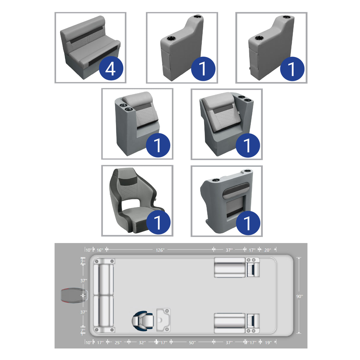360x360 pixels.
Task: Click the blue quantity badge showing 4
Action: [x=111, y=69]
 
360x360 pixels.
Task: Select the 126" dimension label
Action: [x=160, y=250]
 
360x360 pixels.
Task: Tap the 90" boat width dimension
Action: [x=300, y=296]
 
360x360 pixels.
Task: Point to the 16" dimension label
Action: [x=100, y=250]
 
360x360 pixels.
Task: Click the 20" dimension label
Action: [x=267, y=250]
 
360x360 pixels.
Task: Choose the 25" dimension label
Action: [x=118, y=343]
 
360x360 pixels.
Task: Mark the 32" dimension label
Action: [x=142, y=343]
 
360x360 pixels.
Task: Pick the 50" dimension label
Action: [x=192, y=343]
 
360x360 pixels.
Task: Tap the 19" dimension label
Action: [x=268, y=343]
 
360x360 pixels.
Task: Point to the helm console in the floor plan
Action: [x=163, y=320]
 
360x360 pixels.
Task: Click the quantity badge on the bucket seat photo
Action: [x=158, y=222]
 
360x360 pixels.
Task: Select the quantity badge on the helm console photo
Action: [x=248, y=222]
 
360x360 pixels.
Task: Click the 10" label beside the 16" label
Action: [x=89, y=250]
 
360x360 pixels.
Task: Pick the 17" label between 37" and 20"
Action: [x=252, y=250]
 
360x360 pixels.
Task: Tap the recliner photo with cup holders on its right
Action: [x=227, y=124]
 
